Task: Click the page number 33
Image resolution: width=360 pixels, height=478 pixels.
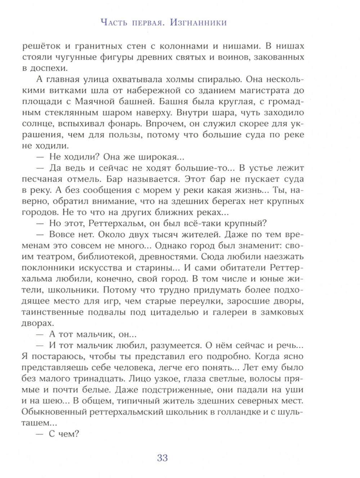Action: (x=162, y=458)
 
